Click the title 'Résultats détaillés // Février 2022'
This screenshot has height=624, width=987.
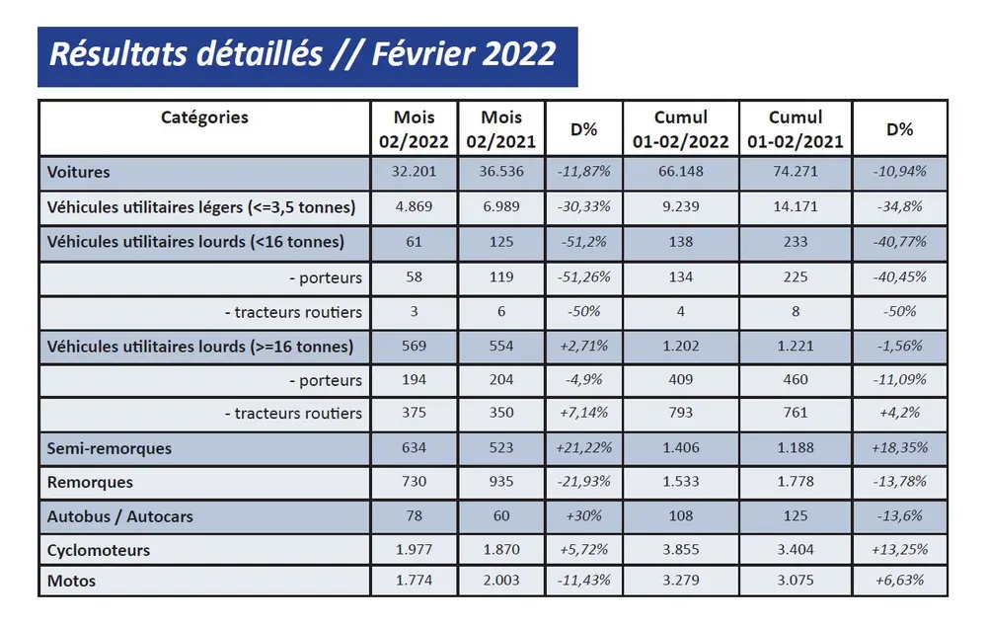303,53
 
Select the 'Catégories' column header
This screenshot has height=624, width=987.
204,117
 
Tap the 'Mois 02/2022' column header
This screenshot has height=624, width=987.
414,129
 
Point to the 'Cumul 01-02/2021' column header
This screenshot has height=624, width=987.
795,129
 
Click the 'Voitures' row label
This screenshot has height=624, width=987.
79,172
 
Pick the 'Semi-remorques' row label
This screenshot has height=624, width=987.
110,448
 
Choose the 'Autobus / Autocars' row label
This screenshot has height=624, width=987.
121,516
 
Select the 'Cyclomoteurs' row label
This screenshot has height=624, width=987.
99,550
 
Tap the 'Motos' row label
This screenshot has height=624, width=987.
72,581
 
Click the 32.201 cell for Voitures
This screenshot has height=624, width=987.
414,172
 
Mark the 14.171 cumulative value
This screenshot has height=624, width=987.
795,207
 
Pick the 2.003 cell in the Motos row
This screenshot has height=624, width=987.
500,581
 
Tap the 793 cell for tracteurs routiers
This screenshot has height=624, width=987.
680,414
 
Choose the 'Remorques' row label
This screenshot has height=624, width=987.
90,482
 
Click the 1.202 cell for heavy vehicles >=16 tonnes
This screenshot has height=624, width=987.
680,347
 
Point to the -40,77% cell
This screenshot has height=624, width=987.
900,241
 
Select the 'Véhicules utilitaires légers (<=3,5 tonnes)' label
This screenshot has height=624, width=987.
201,207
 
